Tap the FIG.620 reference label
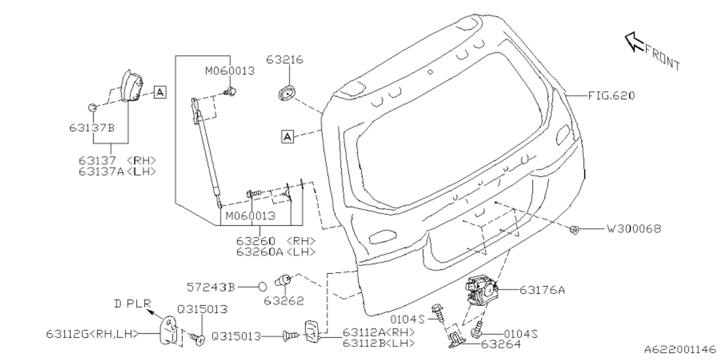tap(611, 96)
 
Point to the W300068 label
tap(633, 229)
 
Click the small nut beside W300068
tap(575, 229)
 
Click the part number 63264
tap(500, 344)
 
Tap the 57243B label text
tap(210, 287)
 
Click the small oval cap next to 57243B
tap(263, 287)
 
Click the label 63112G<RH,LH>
tap(92, 334)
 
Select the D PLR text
tap(132, 304)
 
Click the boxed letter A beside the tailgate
tap(287, 136)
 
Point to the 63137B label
tap(92, 128)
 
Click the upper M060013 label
tap(229, 71)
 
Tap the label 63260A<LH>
tap(276, 252)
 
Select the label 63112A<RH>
tap(378, 332)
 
